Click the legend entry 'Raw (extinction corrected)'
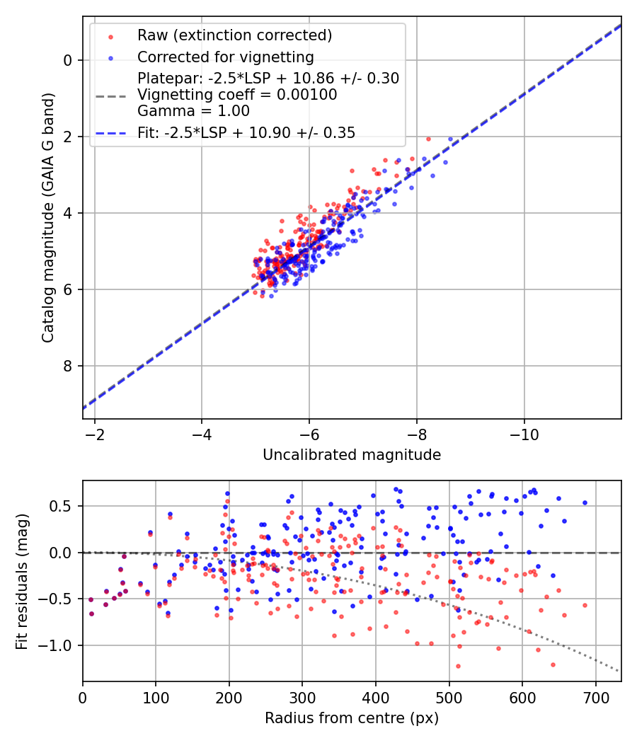coord(234,35)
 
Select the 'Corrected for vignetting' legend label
coord(225,57)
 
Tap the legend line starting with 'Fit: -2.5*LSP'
coord(246,132)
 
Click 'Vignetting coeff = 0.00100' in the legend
coord(237,95)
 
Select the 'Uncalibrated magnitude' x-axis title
coord(352,455)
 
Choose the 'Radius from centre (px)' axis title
coord(352,718)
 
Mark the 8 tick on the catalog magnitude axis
coord(67,366)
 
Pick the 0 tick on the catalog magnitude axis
coord(67,60)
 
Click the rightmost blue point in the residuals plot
coord(585,503)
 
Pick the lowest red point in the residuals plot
coord(458,666)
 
